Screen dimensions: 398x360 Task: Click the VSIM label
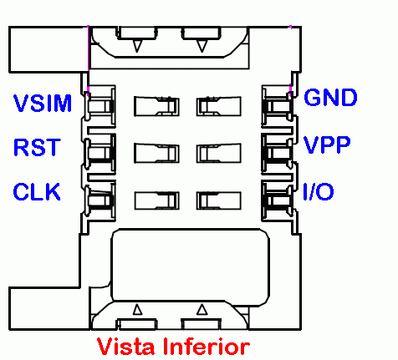(43, 103)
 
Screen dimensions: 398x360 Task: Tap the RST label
(37, 147)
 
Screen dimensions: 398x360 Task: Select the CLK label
(37, 191)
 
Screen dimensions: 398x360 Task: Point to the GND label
(330, 98)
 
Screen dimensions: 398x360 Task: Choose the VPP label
(327, 145)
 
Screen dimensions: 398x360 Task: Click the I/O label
(319, 191)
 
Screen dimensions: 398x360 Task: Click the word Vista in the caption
(125, 347)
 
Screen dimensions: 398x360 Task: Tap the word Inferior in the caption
(207, 347)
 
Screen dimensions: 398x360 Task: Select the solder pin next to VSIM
(99, 106)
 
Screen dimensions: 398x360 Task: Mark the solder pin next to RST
(99, 153)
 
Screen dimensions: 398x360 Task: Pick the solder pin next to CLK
(99, 200)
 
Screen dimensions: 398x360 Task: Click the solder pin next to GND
(278, 106)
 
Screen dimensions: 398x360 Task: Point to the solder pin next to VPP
(278, 153)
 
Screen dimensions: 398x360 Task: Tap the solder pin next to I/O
(278, 200)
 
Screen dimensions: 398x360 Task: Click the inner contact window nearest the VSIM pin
(156, 106)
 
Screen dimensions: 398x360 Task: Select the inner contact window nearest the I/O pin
(219, 200)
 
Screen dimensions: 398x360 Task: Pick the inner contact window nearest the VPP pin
(219, 153)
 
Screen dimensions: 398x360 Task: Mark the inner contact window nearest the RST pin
(156, 153)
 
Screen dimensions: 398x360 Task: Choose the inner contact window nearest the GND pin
(219, 106)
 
